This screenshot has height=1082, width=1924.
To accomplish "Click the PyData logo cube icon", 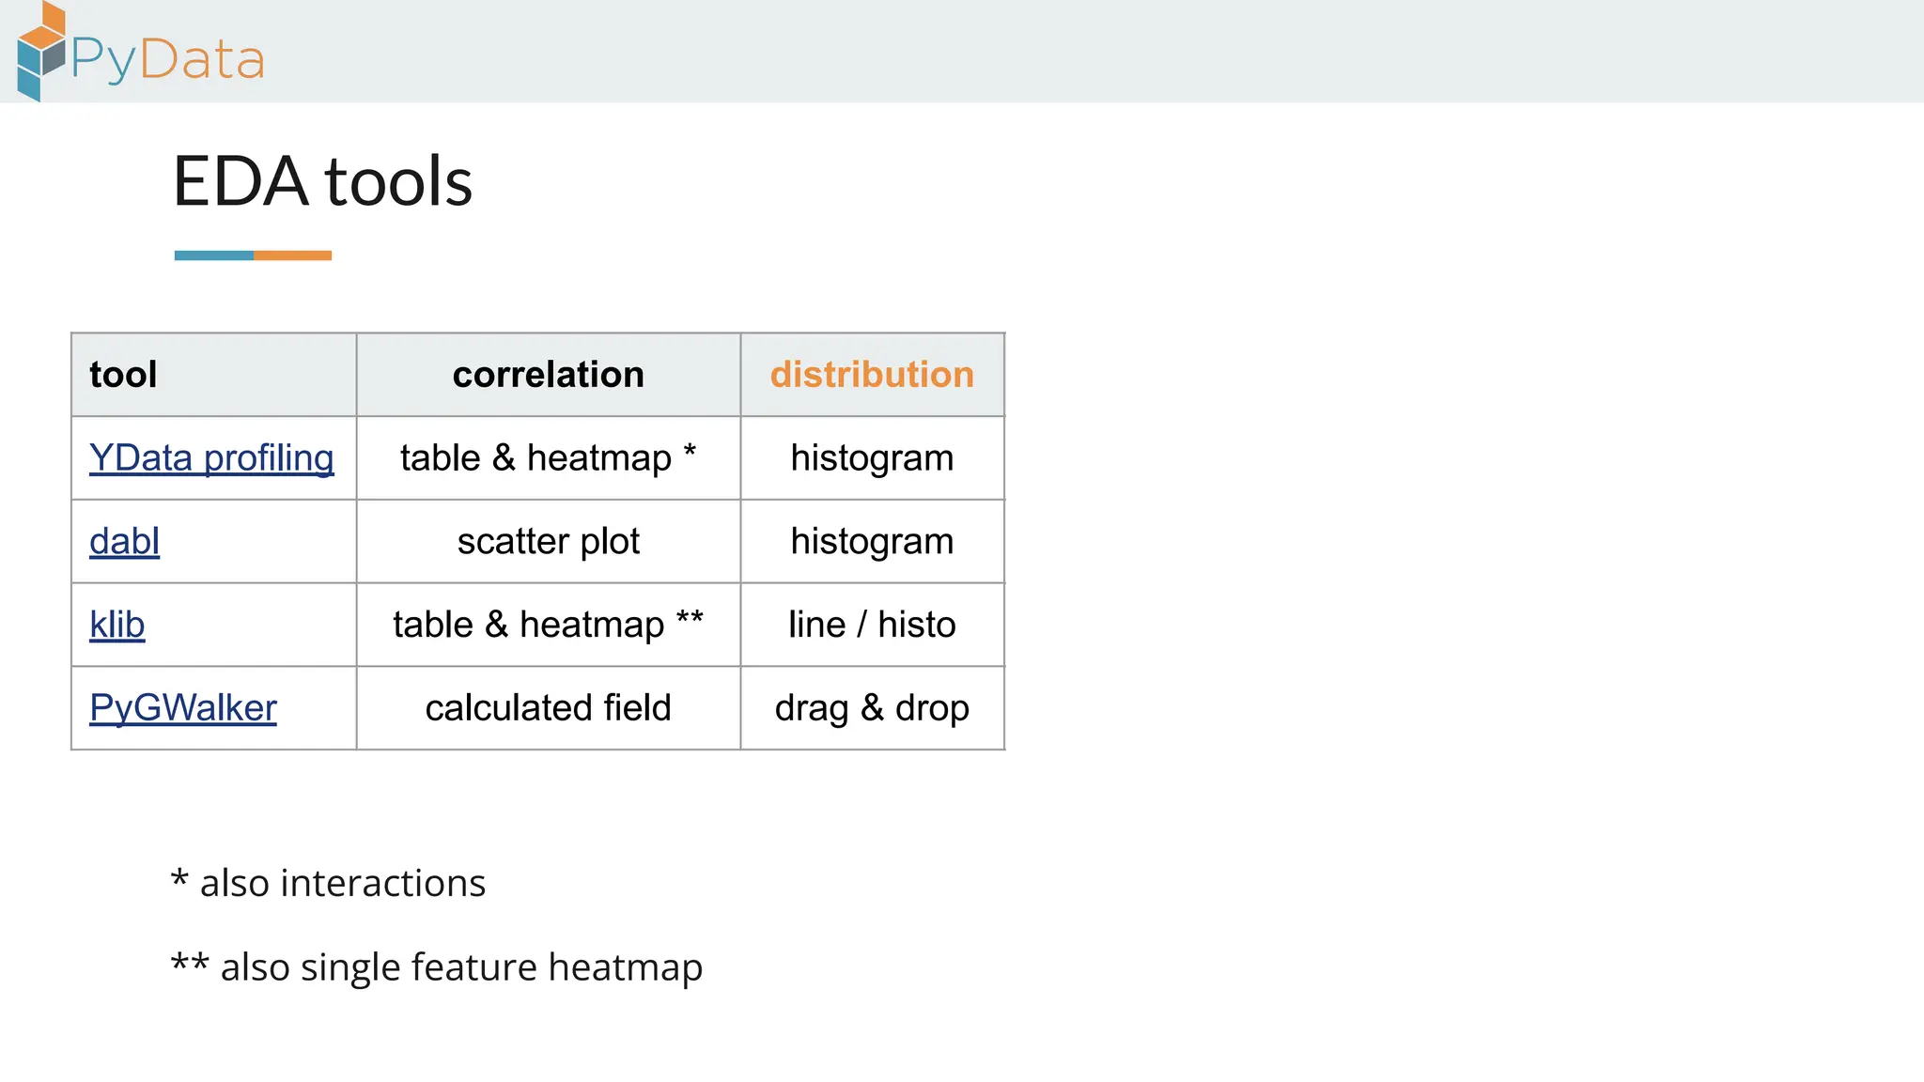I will pyautogui.click(x=40, y=52).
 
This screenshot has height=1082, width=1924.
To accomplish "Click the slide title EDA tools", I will pyautogui.click(x=322, y=181).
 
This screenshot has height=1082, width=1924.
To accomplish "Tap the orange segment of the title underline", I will pyautogui.click(x=292, y=255).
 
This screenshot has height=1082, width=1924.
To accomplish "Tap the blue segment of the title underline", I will pyautogui.click(x=214, y=255).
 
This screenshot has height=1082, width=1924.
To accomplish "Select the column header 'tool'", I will pyautogui.click(x=123, y=375).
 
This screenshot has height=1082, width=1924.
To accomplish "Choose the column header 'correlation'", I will pyautogui.click(x=548, y=375).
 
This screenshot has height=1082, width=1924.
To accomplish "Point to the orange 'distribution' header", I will pyautogui.click(x=872, y=375).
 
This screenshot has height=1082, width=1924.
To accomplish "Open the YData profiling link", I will pyautogui.click(x=211, y=458).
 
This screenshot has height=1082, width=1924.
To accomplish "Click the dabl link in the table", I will pyautogui.click(x=124, y=542).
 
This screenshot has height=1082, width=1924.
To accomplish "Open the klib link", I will pyautogui.click(x=116, y=625).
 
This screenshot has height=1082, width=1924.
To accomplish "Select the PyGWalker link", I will pyautogui.click(x=183, y=708).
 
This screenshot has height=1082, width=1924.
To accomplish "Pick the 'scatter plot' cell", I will pyautogui.click(x=548, y=542).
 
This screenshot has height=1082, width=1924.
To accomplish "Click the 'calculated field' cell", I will pyautogui.click(x=548, y=708).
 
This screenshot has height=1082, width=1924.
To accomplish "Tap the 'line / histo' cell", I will pyautogui.click(x=872, y=625).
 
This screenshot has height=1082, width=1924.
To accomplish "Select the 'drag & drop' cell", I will pyautogui.click(x=872, y=708).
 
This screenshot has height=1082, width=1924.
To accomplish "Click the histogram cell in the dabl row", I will pyautogui.click(x=872, y=542).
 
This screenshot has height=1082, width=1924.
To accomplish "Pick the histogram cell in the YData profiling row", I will pyautogui.click(x=872, y=458).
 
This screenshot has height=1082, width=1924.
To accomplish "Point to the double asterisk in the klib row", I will pyautogui.click(x=690, y=618).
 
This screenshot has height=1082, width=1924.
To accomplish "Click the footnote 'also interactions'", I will pyautogui.click(x=342, y=884).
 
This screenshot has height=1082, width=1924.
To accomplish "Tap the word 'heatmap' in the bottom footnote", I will pyautogui.click(x=625, y=967).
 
